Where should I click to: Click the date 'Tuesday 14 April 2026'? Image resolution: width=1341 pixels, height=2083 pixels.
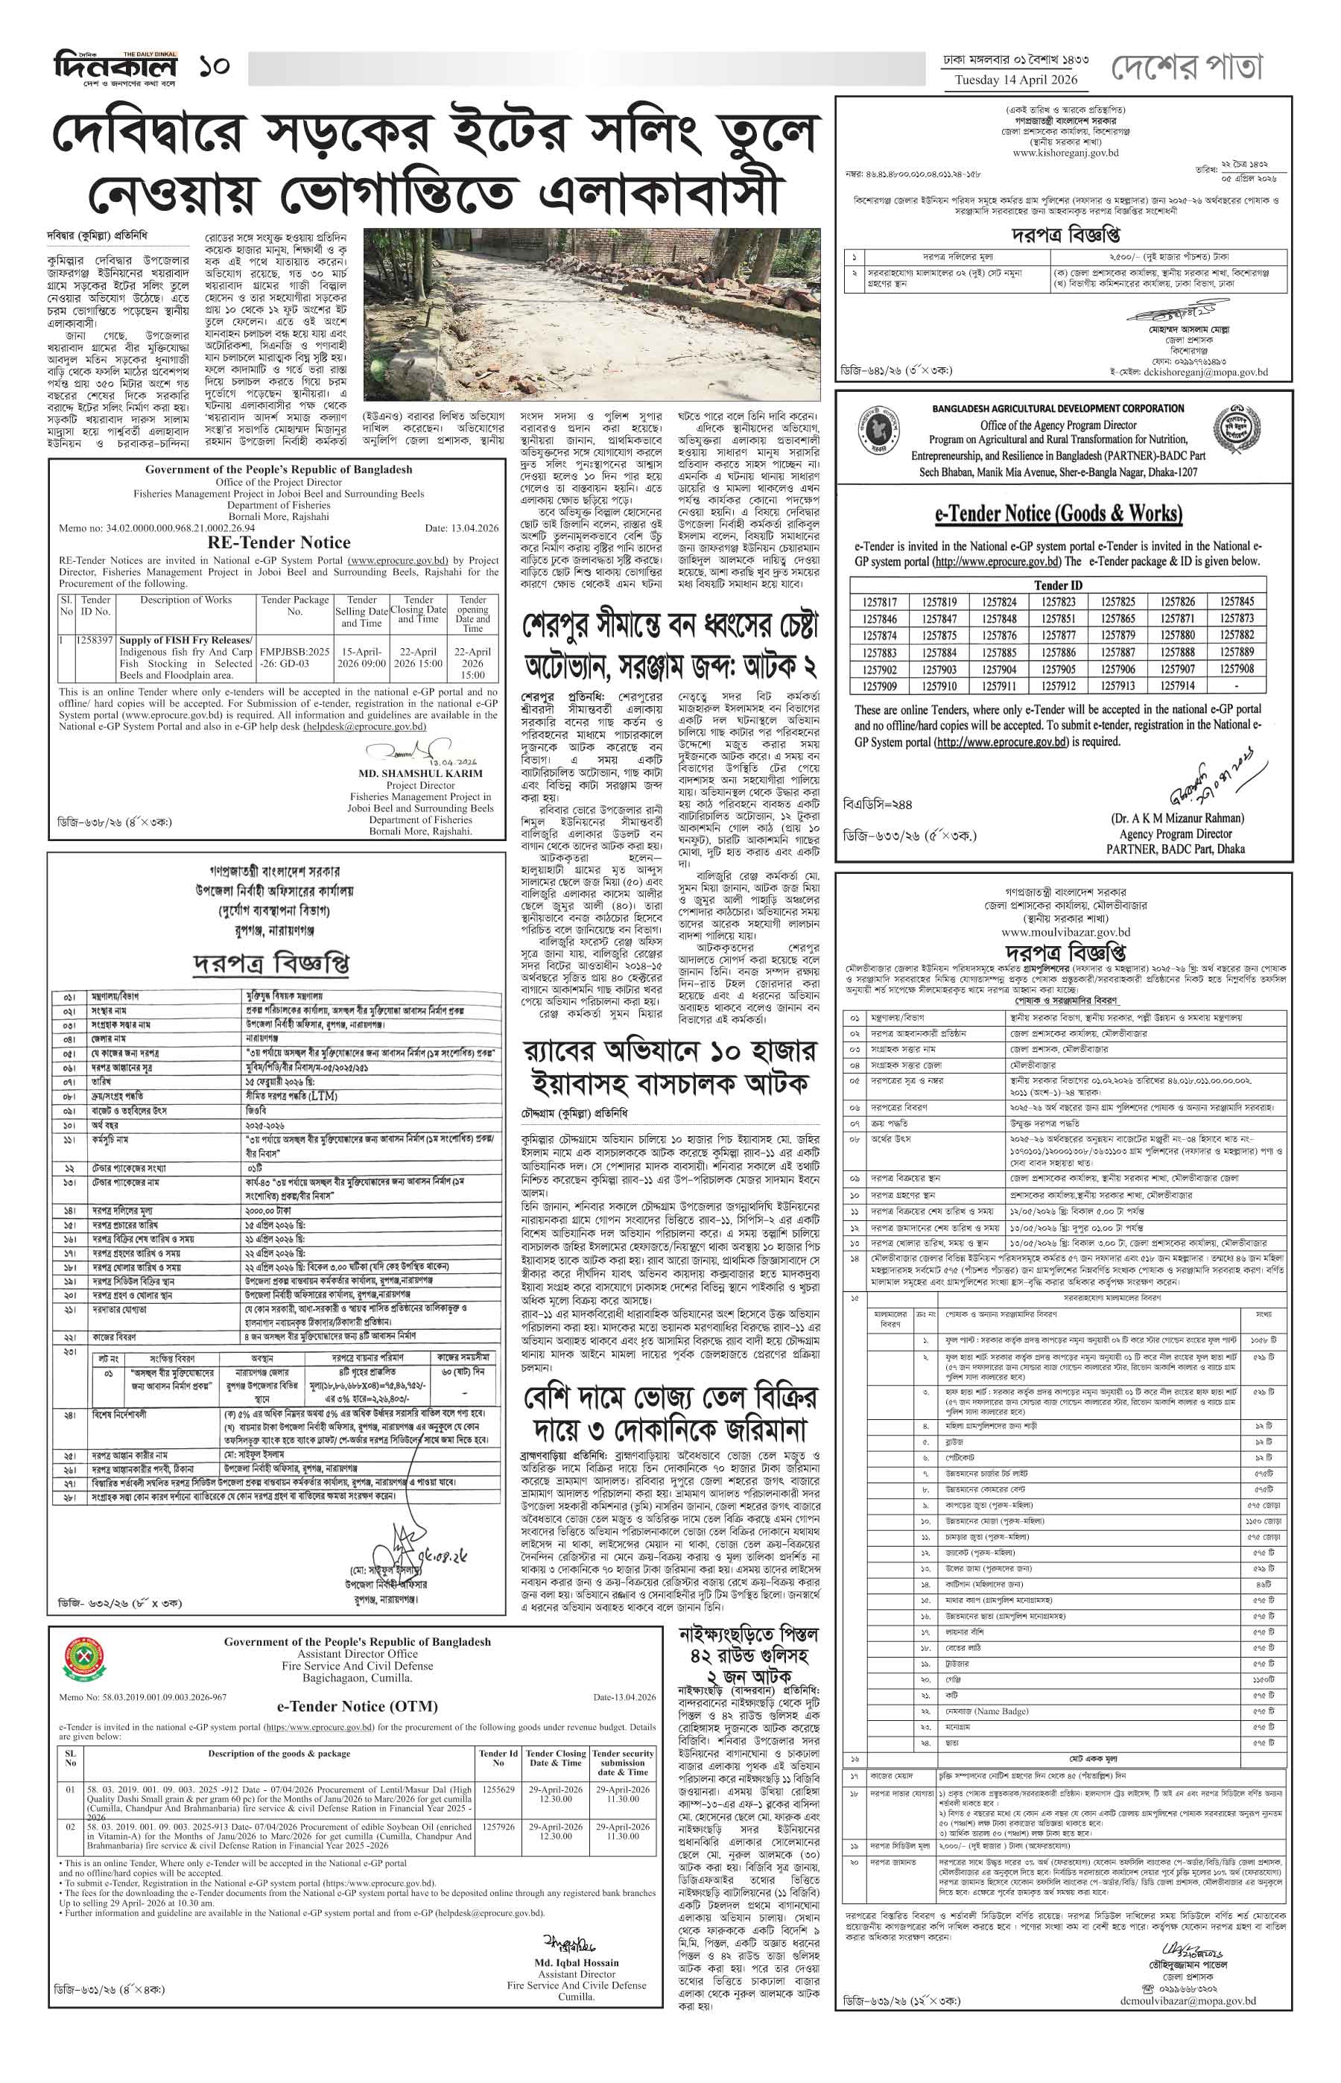pos(1015,80)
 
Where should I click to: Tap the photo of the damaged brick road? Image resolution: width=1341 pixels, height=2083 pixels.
pos(592,314)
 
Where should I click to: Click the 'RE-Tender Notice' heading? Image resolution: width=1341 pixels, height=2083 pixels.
pos(279,542)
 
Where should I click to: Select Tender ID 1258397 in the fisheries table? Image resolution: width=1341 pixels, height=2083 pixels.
pos(96,640)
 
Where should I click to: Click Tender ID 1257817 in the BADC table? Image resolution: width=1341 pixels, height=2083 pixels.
pos(881,602)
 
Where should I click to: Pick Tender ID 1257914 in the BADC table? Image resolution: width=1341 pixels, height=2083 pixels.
pos(1177,685)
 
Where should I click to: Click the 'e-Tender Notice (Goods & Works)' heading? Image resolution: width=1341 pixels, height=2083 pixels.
pos(1059,514)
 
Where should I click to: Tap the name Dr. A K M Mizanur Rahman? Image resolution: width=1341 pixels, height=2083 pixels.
pos(1176,819)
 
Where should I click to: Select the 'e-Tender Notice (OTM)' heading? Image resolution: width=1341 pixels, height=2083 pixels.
pos(357,1706)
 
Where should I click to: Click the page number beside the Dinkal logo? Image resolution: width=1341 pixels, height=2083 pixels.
pos(213,66)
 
